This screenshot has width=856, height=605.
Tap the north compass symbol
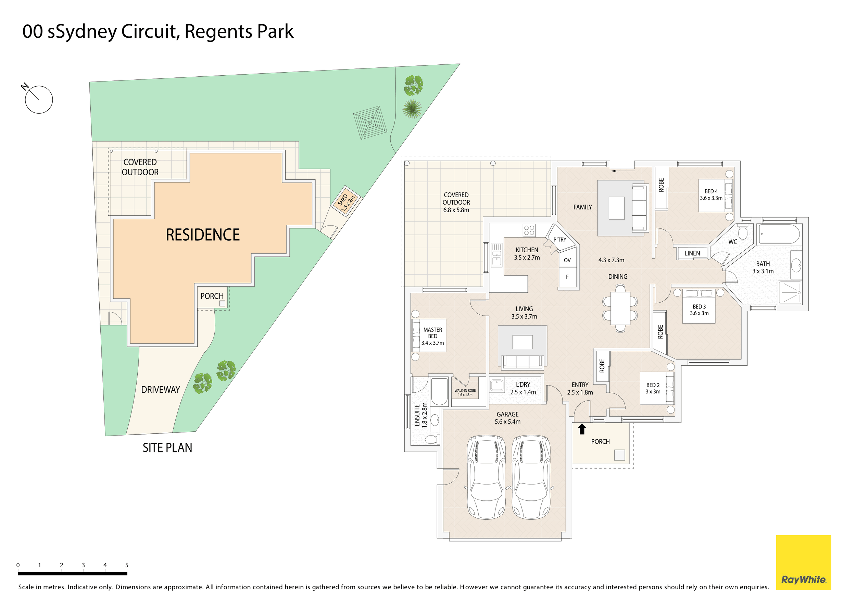[38, 99]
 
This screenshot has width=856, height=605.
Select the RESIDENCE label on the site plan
[202, 235]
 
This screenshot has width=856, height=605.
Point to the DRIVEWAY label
[160, 390]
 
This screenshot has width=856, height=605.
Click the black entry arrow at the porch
[582, 429]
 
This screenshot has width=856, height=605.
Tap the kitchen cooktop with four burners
[529, 230]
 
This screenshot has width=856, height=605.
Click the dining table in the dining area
[620, 308]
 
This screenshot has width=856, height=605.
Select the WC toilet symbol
[743, 232]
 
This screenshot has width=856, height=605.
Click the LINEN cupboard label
[692, 253]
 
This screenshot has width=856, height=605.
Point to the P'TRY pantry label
[559, 240]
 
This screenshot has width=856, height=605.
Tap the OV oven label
[567, 260]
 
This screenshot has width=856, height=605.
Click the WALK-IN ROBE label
[465, 392]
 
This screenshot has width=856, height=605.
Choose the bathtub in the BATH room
[779, 234]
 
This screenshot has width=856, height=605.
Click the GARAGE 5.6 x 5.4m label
[507, 418]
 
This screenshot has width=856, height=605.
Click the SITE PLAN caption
[167, 448]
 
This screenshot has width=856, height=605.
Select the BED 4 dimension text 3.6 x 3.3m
[711, 198]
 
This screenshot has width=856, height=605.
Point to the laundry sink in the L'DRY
[496, 385]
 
